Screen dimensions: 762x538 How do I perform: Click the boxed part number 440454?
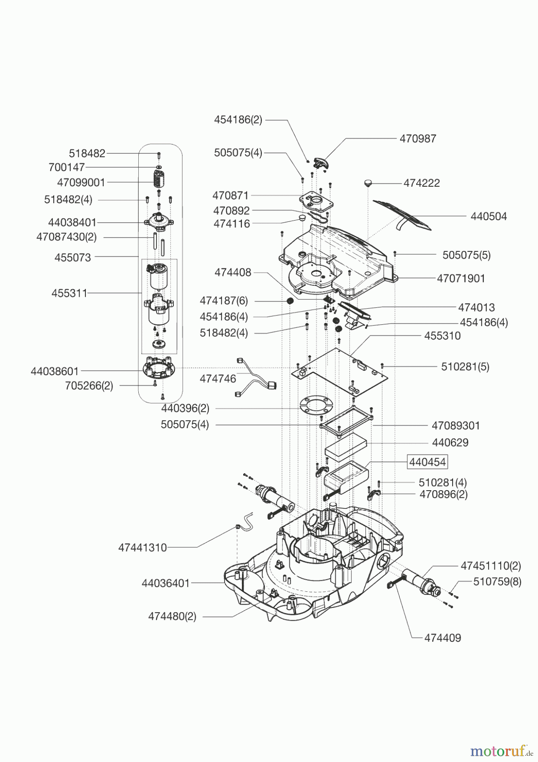[427, 462]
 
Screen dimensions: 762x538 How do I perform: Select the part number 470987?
[417, 139]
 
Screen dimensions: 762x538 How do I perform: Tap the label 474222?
[421, 183]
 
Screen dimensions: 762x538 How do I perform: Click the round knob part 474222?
[368, 183]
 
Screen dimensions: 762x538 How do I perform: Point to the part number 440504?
[489, 216]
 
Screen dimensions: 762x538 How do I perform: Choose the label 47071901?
[461, 279]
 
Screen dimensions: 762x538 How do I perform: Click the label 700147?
[66, 167]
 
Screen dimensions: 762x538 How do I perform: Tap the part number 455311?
[69, 293]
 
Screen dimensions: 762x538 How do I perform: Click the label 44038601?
[55, 372]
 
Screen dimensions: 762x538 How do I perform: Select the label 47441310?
[143, 548]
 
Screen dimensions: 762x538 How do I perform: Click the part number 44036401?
[166, 583]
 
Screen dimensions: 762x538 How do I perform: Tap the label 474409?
[442, 638]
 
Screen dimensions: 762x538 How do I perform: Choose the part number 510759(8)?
[497, 582]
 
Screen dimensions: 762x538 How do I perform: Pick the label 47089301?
[456, 425]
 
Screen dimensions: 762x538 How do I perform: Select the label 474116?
[231, 224]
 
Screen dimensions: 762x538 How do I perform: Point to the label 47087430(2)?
[66, 237]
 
